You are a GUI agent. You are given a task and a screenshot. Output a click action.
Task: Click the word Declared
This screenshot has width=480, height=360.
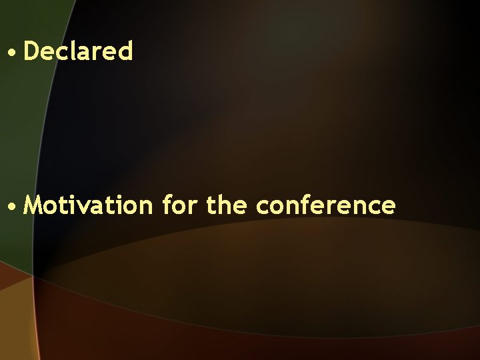78,51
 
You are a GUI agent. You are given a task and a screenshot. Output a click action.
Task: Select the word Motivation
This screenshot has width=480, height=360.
88,205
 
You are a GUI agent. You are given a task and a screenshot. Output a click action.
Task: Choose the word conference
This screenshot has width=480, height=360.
325,205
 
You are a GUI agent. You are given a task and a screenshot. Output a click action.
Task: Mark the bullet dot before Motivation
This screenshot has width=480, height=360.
13,206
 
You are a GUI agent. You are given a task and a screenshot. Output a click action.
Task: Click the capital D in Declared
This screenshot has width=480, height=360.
31,51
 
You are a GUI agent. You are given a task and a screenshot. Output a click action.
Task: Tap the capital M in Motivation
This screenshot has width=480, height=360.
33,205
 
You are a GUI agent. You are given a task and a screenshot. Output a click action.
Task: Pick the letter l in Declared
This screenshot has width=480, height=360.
75,51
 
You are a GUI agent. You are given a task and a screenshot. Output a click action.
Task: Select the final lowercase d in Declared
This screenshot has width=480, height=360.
126,51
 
